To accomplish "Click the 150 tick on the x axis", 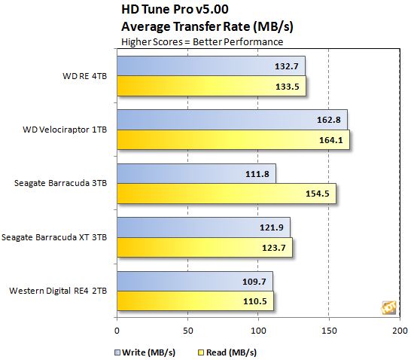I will click(x=329, y=329).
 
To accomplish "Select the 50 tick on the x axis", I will click(x=187, y=329).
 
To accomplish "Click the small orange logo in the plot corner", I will click(x=388, y=307).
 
